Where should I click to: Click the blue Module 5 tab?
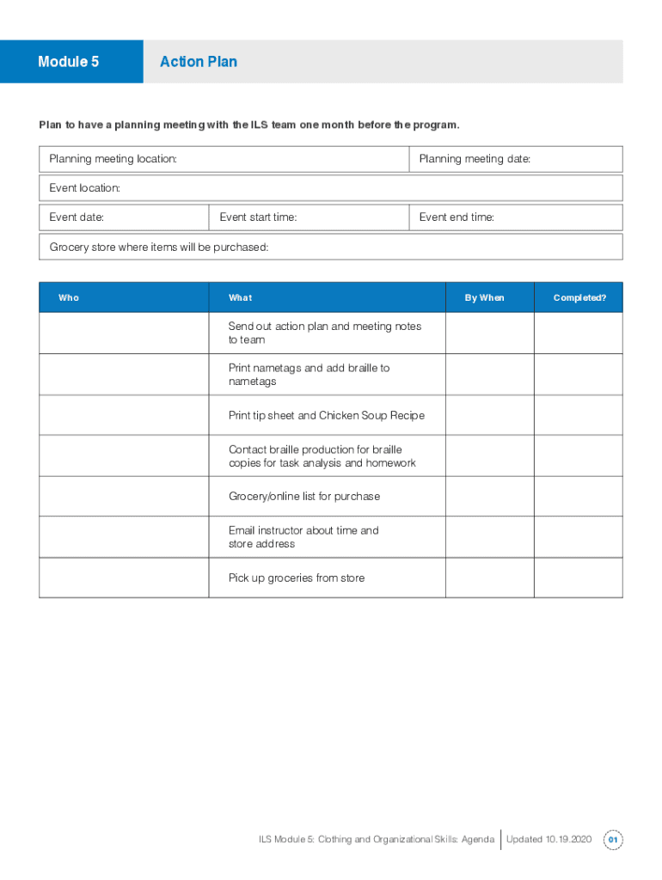coord(70,62)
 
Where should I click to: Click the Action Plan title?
coord(199,62)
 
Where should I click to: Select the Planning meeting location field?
coord(224,159)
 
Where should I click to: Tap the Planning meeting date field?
coord(515,159)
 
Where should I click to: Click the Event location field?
coord(330,188)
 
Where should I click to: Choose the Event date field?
coord(124,217)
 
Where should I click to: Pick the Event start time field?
coord(309,217)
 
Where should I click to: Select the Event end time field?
coord(515,217)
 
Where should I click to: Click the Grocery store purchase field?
coord(330,247)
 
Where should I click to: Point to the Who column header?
coord(69,297)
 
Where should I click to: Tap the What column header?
coord(241,297)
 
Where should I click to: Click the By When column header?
coord(485,297)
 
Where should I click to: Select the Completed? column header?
coord(579,297)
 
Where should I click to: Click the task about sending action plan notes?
coord(325,333)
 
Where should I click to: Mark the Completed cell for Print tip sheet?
coord(579,415)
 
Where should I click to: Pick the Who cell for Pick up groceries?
coord(124,577)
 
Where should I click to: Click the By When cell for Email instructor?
coord(489,537)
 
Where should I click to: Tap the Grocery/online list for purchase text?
coord(304,497)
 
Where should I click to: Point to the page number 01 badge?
coord(613,840)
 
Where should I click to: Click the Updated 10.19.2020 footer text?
coord(549,840)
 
